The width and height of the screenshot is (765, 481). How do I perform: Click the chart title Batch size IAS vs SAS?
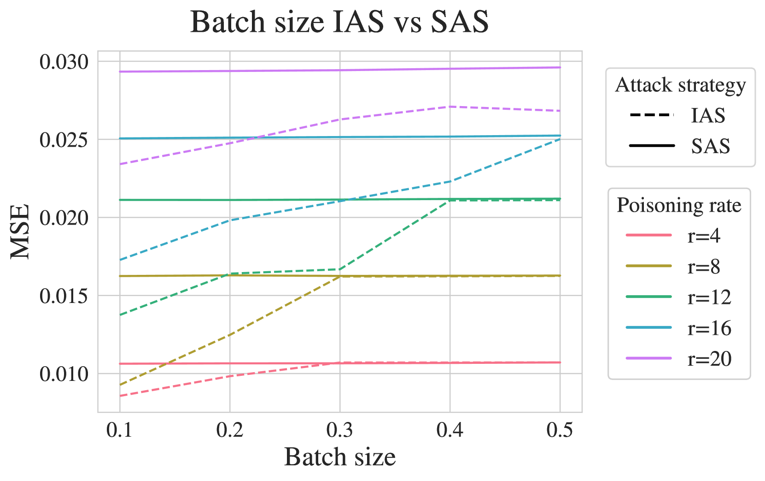pyautogui.click(x=339, y=22)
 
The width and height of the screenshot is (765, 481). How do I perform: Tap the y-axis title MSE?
pyautogui.click(x=20, y=232)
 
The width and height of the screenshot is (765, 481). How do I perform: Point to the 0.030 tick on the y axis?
pyautogui.click(x=64, y=62)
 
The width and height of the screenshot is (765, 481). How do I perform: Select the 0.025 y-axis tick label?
pyautogui.click(x=64, y=140)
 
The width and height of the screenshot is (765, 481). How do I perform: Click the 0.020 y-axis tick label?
pyautogui.click(x=64, y=218)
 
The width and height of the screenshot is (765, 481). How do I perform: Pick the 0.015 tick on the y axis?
pyautogui.click(x=64, y=296)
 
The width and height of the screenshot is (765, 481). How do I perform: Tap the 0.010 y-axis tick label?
pyautogui.click(x=64, y=374)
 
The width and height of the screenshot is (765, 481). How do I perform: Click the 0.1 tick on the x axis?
pyautogui.click(x=119, y=430)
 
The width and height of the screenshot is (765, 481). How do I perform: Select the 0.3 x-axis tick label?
pyautogui.click(x=339, y=430)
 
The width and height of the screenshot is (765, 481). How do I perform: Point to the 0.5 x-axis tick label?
pyautogui.click(x=560, y=430)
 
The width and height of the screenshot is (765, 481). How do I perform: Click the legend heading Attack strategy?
pyautogui.click(x=680, y=85)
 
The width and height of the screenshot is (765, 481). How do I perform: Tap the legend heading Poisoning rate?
pyautogui.click(x=679, y=205)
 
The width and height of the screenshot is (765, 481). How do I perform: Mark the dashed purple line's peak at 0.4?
pyautogui.click(x=450, y=107)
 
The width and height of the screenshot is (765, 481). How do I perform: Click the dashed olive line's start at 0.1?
pyautogui.click(x=120, y=385)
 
